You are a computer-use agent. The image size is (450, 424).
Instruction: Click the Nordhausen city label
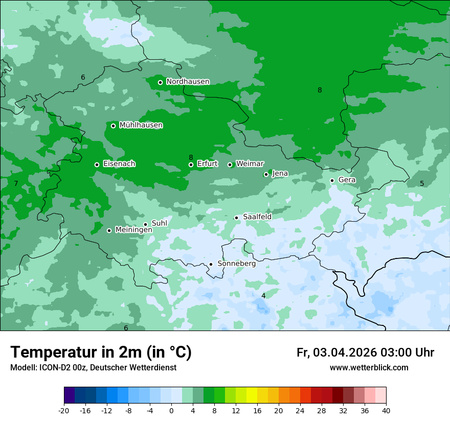click(x=188, y=82)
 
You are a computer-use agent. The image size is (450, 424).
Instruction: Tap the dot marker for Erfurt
click(x=191, y=164)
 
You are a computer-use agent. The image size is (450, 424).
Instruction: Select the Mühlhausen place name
click(x=141, y=125)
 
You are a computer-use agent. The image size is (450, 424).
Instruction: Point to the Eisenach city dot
click(x=97, y=164)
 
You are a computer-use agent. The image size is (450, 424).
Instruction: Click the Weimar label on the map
click(x=250, y=163)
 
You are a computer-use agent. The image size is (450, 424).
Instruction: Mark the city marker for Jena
click(x=266, y=174)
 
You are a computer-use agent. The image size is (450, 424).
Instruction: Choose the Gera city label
click(x=347, y=180)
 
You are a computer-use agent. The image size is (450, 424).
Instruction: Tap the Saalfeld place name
click(x=257, y=217)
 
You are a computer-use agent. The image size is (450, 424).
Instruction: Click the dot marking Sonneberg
click(x=211, y=264)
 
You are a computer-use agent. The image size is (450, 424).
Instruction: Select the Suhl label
click(x=159, y=223)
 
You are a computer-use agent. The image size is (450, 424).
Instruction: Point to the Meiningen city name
click(x=133, y=230)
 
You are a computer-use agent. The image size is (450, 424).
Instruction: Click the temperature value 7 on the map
click(x=16, y=183)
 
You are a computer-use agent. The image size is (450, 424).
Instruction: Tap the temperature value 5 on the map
click(x=422, y=183)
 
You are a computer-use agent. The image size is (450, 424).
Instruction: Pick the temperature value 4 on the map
click(x=263, y=296)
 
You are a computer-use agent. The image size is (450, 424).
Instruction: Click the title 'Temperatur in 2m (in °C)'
click(x=101, y=352)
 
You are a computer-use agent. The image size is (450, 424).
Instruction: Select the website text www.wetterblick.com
click(x=369, y=368)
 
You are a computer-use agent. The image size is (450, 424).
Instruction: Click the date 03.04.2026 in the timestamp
click(x=345, y=352)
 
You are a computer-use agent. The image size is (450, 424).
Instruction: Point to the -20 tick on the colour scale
click(x=64, y=410)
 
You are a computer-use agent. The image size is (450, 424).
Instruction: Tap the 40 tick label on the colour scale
click(x=386, y=410)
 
